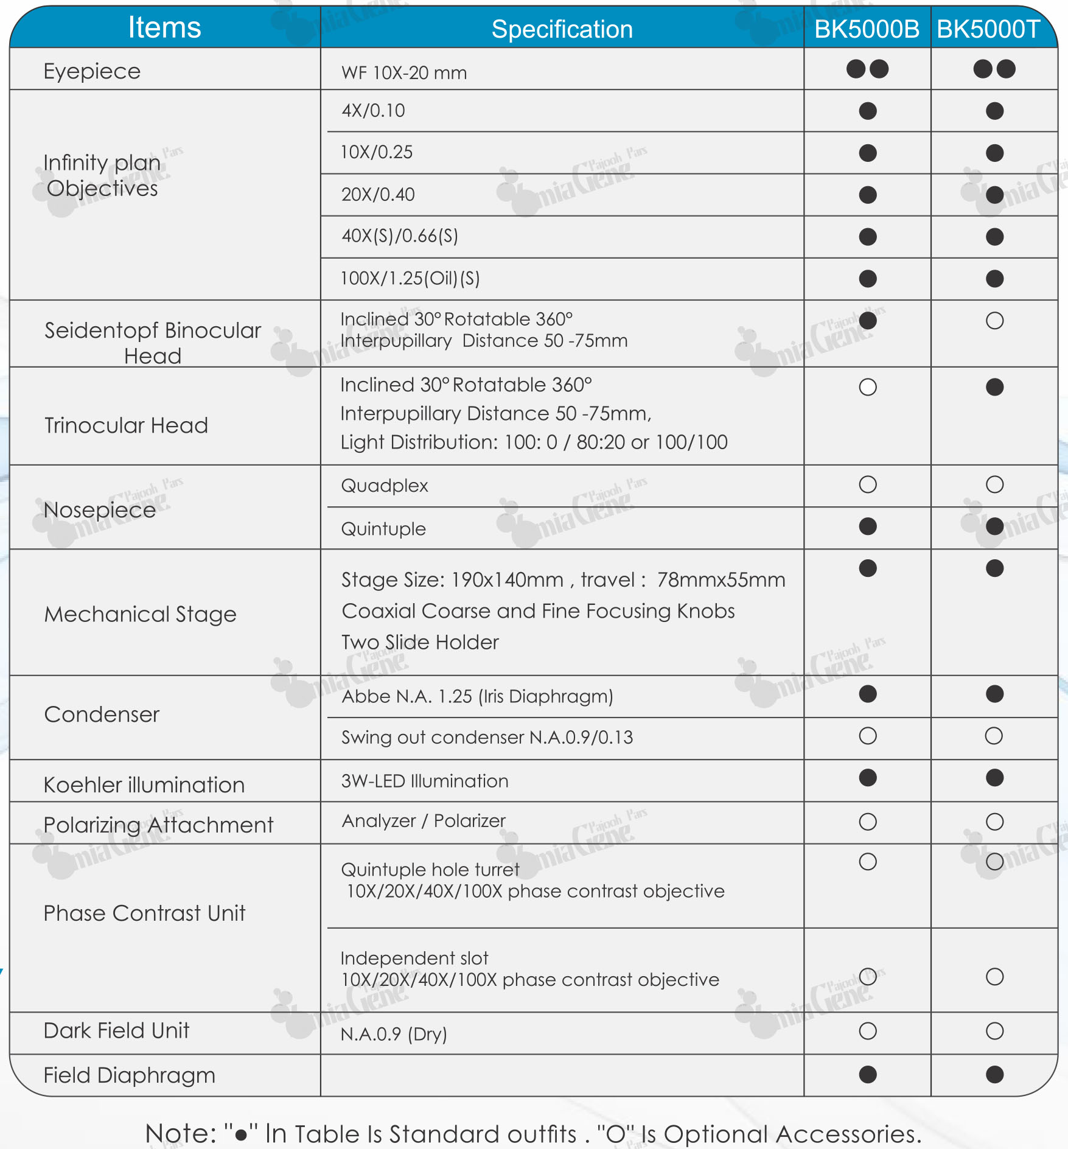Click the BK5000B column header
pos(867,29)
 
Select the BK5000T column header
pos(988,29)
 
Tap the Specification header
pos(562,29)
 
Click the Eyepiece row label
pos(92,71)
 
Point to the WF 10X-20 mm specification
pos(404,73)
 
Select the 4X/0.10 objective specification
pos(373,111)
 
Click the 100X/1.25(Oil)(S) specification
pos(410,278)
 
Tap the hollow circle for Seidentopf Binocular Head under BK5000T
pos(994,321)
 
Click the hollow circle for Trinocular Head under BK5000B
pos(868,387)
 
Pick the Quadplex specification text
pos(385,486)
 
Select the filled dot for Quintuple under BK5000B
pos(868,526)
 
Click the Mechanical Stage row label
pos(140,614)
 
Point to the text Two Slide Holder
pos(420,642)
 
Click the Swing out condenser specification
pos(487,738)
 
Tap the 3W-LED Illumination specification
pos(425,781)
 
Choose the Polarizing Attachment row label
pos(158,825)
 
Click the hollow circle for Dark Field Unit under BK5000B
pos(868,1031)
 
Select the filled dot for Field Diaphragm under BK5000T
pos(994,1075)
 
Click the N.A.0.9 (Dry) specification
pos(394,1034)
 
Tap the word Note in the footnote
pos(180,1134)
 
